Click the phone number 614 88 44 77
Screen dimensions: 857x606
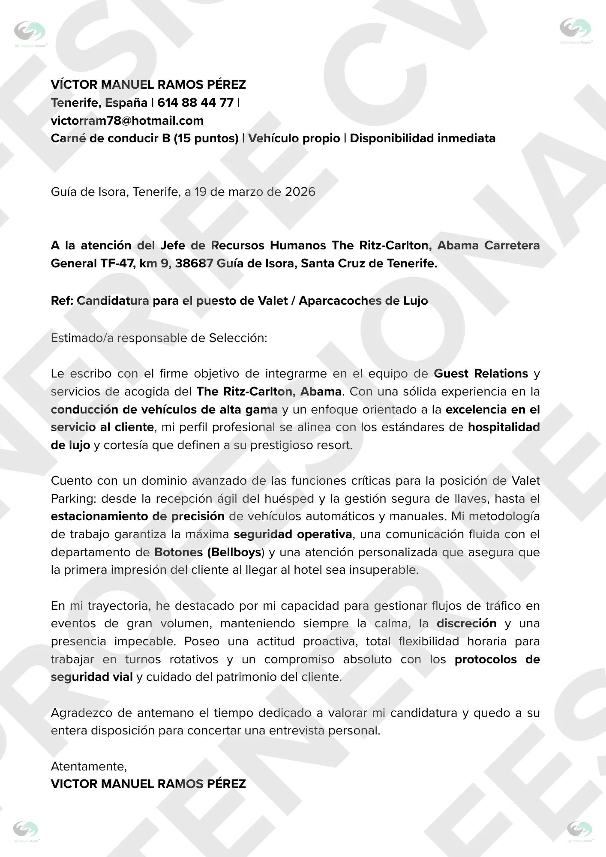point(195,103)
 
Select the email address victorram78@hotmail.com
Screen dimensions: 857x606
point(127,121)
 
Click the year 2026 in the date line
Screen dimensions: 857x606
point(300,192)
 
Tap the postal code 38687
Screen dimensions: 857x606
point(194,263)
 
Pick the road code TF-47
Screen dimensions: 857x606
point(117,263)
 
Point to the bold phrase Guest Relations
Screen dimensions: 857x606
point(481,374)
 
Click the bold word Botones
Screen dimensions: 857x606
point(178,552)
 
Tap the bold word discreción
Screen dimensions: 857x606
point(466,623)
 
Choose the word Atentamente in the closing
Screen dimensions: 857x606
point(89,766)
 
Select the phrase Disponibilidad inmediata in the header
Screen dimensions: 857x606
point(423,138)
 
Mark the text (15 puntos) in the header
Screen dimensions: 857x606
point(206,138)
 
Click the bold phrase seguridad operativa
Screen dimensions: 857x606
point(293,534)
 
